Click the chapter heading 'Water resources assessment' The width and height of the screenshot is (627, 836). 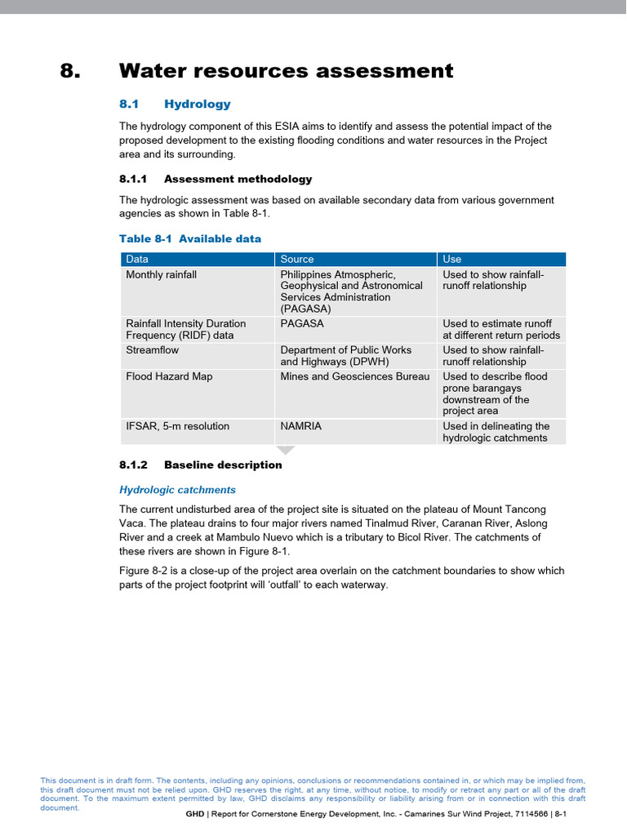(x=286, y=71)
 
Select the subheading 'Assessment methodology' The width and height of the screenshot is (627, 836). (x=238, y=179)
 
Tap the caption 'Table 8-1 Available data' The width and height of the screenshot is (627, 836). (x=190, y=238)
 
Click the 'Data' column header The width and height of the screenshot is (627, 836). (x=137, y=259)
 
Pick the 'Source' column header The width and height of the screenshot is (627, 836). (x=296, y=259)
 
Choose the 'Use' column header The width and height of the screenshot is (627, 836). (x=451, y=259)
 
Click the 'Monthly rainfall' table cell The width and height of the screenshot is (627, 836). (x=161, y=275)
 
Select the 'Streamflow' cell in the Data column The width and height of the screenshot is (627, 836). (x=152, y=350)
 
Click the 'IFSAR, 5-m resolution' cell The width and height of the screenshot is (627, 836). (x=177, y=426)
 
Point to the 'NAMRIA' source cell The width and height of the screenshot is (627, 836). (x=301, y=426)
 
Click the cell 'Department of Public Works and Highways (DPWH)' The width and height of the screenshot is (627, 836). (x=346, y=356)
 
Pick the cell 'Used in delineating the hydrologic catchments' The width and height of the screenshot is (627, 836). (x=496, y=432)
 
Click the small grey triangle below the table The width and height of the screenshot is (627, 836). (x=284, y=450)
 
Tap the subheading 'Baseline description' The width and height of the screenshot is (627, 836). (x=223, y=465)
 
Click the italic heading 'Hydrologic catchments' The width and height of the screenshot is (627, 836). (x=177, y=490)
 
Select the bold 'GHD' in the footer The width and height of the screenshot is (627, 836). (x=194, y=815)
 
